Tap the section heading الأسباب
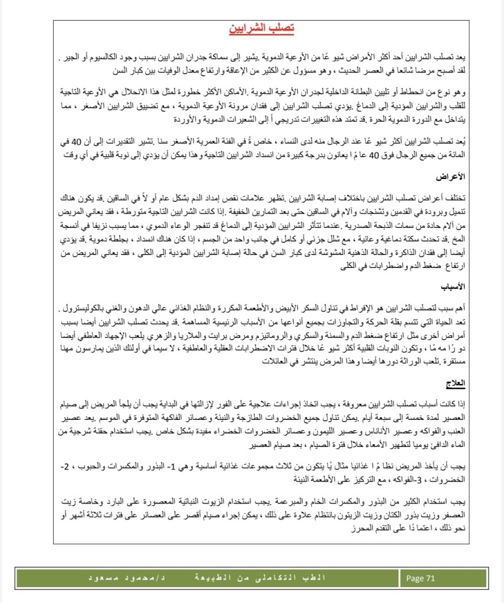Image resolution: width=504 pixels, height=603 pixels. (x=454, y=288)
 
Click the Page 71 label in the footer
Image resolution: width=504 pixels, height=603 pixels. (x=421, y=578)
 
